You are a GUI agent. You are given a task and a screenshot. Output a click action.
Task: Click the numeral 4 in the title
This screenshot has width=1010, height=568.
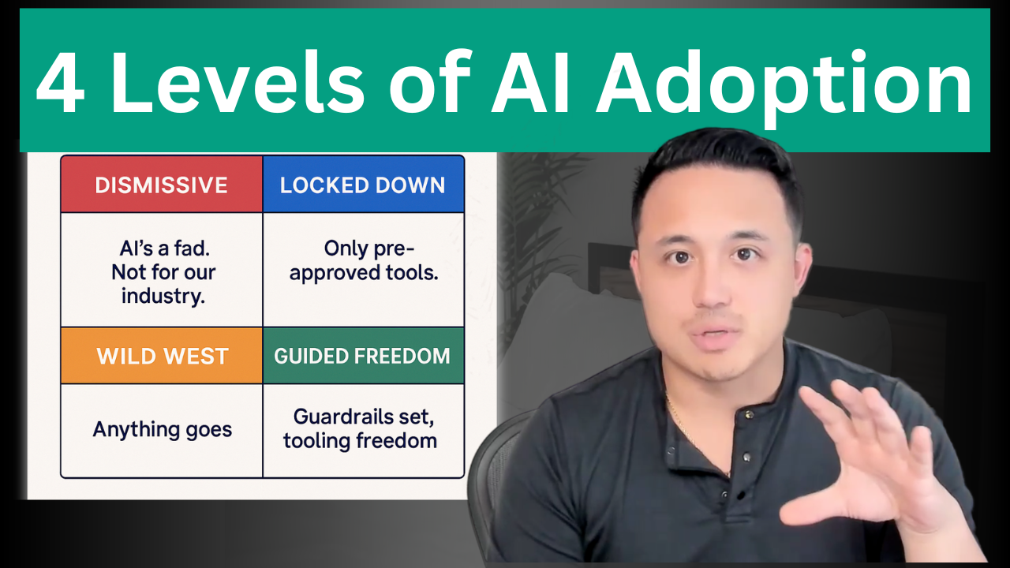click(x=61, y=83)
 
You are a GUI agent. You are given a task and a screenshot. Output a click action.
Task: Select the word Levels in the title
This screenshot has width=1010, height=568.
click(x=237, y=81)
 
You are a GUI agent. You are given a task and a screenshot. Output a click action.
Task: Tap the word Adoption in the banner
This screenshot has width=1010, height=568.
click(x=784, y=87)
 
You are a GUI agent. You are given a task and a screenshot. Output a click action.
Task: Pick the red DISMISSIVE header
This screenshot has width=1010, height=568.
click(x=162, y=185)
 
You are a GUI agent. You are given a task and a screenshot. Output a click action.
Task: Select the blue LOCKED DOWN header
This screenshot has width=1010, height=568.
click(x=363, y=185)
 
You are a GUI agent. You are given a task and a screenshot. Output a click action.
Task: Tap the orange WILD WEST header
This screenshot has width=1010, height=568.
click(x=162, y=356)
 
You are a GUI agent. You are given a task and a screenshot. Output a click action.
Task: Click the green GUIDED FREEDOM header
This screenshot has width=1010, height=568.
click(x=363, y=356)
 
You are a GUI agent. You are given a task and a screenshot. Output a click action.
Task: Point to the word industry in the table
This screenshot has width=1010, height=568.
click(x=163, y=297)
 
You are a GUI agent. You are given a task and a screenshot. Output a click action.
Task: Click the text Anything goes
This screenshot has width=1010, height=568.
click(x=163, y=430)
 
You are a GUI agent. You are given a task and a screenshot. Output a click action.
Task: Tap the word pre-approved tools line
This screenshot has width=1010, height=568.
click(x=364, y=273)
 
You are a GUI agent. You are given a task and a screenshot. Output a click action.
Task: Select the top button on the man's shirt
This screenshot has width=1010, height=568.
click(x=749, y=415)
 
